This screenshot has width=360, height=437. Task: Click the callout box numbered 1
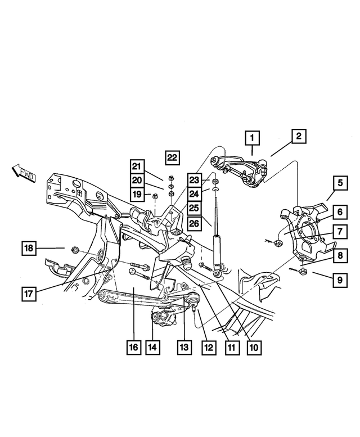(253, 137)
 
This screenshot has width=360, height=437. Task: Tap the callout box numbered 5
(340, 183)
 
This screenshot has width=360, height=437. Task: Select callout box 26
(194, 223)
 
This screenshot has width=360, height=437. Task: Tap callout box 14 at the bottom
(152, 347)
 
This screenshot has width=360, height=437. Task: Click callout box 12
(209, 347)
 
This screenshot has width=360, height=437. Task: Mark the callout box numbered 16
(133, 347)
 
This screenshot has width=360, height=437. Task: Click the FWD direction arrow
(22, 174)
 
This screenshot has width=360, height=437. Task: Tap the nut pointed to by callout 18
(74, 248)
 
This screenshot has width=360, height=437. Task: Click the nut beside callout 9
(302, 272)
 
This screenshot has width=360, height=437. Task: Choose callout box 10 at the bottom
(253, 347)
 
